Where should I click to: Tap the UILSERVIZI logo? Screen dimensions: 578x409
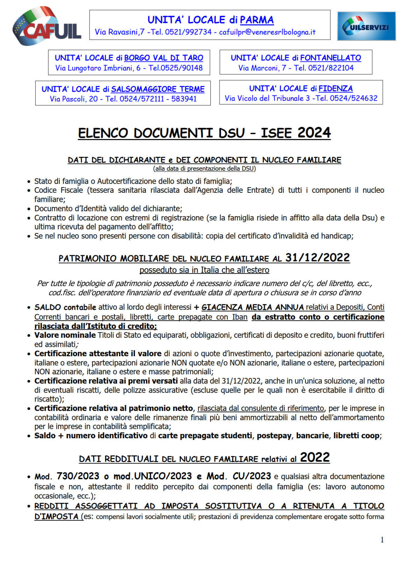[x=366, y=26]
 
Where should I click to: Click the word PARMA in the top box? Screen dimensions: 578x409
[x=257, y=20]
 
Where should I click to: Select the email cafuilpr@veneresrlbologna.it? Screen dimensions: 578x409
[x=267, y=32]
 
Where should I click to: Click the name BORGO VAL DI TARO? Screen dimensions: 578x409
[x=164, y=58]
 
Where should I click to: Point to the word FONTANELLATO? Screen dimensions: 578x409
[x=330, y=58]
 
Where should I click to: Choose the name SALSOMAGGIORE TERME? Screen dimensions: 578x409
[x=158, y=89]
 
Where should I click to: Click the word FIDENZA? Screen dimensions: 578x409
[x=336, y=88]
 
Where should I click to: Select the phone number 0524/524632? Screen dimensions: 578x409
[x=353, y=98]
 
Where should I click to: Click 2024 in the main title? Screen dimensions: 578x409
[x=314, y=133]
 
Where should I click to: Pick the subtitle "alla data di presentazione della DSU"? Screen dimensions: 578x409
[x=204, y=169]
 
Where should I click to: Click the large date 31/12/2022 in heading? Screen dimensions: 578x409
[x=317, y=258]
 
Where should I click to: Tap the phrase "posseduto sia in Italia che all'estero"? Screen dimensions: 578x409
[x=204, y=270]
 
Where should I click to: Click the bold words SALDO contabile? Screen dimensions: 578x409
[x=65, y=307]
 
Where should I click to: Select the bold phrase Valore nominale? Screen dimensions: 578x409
[x=65, y=335]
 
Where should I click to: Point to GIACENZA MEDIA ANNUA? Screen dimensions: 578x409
[x=252, y=307]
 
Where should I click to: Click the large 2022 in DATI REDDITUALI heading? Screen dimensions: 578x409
[x=315, y=458]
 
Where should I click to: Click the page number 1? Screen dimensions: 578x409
[x=382, y=540]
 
